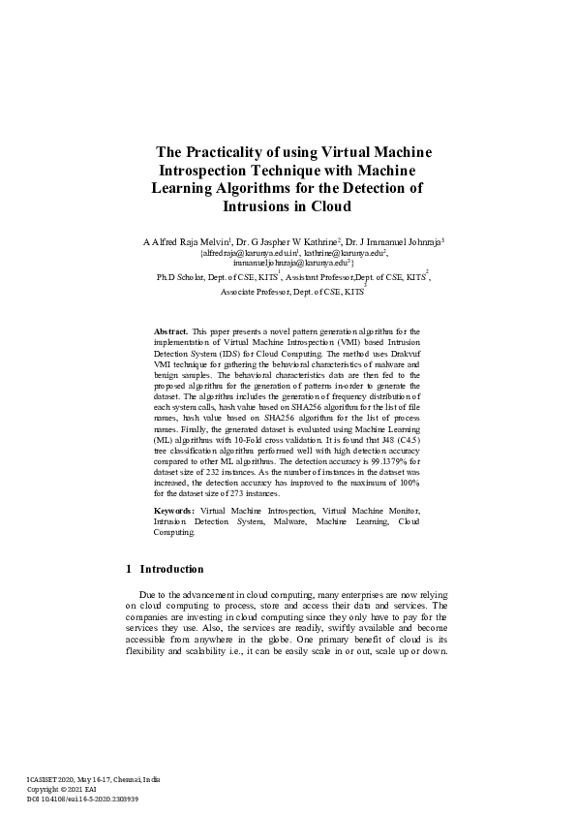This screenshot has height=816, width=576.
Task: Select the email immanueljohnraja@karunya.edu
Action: tap(289, 262)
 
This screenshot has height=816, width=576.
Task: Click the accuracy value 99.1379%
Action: tap(383, 463)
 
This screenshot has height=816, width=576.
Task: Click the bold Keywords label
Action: tap(174, 510)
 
